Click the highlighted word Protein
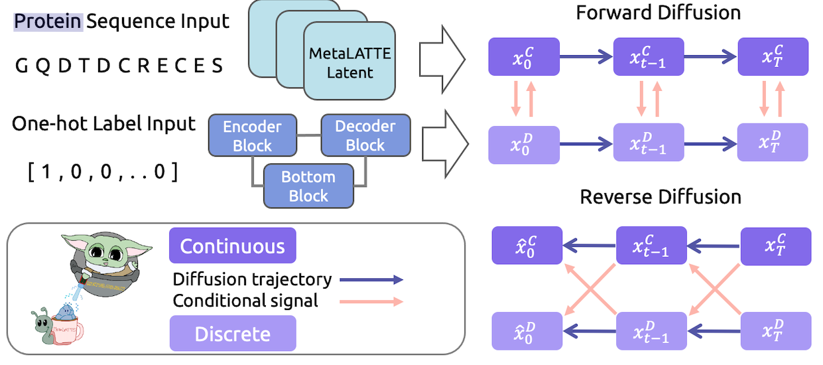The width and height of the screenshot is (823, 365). click(x=48, y=21)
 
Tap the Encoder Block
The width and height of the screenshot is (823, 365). click(x=252, y=135)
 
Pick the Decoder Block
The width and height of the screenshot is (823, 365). click(x=365, y=135)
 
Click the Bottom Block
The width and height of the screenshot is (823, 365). click(x=308, y=186)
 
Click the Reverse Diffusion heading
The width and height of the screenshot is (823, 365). click(x=660, y=197)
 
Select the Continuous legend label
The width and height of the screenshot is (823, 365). click(x=232, y=246)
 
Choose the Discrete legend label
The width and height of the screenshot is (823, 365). click(x=232, y=333)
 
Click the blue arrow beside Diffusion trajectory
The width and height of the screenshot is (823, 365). click(x=371, y=280)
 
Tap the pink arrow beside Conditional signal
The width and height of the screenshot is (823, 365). click(x=371, y=301)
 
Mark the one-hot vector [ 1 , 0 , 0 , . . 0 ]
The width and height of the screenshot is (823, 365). click(x=103, y=173)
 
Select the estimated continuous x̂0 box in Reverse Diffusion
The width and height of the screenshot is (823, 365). click(x=527, y=245)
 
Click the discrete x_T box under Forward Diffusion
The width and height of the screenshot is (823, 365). click(x=773, y=141)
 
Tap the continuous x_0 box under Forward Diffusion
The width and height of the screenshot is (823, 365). click(x=524, y=56)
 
